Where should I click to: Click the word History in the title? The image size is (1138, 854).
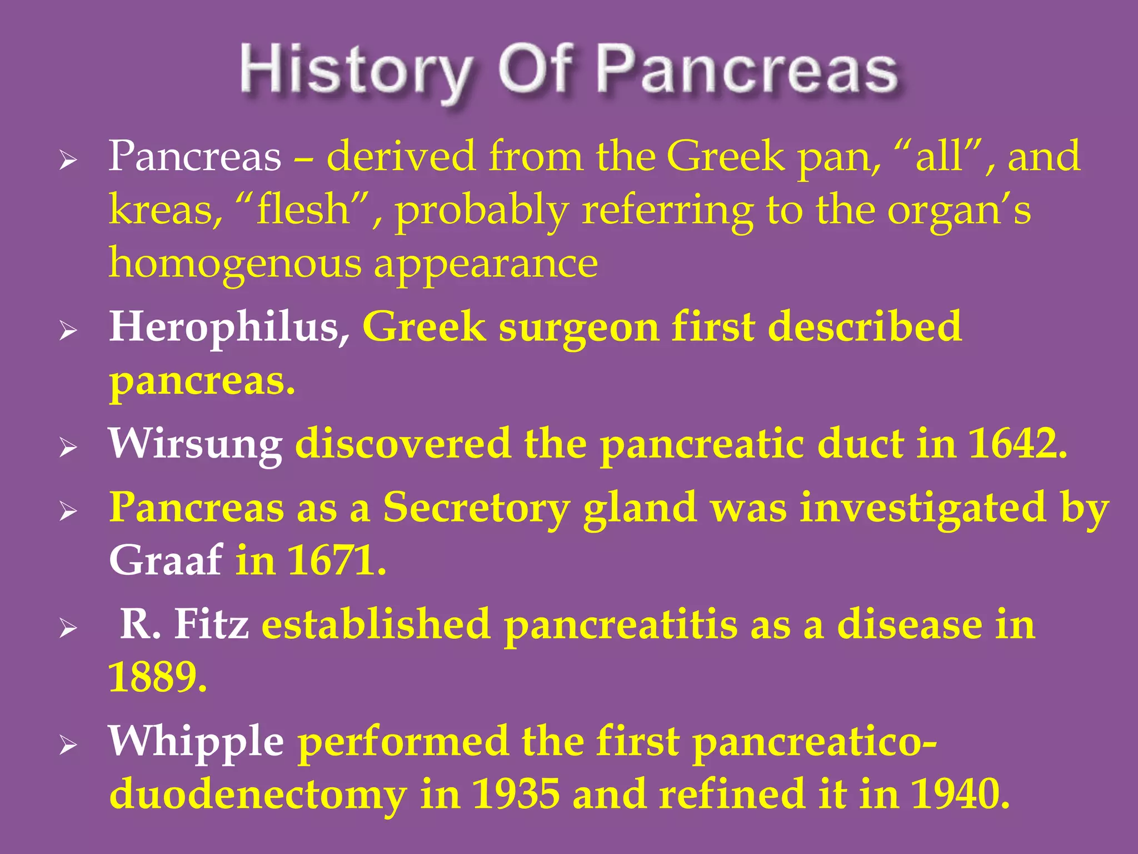point(356,72)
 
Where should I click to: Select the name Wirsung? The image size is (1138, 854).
point(196,445)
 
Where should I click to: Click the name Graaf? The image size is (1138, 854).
point(166,560)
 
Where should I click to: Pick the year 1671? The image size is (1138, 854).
point(336,560)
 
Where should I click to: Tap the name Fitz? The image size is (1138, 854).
point(211,624)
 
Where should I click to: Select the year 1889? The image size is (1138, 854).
point(157,677)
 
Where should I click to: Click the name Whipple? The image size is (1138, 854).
point(196,742)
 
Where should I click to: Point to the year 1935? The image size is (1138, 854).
point(516,794)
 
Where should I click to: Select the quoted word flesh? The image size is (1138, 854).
point(303,210)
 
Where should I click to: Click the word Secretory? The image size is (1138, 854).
point(477,508)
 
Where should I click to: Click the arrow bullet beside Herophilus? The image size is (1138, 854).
point(68,331)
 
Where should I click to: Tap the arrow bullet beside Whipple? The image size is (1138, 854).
point(68,745)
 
